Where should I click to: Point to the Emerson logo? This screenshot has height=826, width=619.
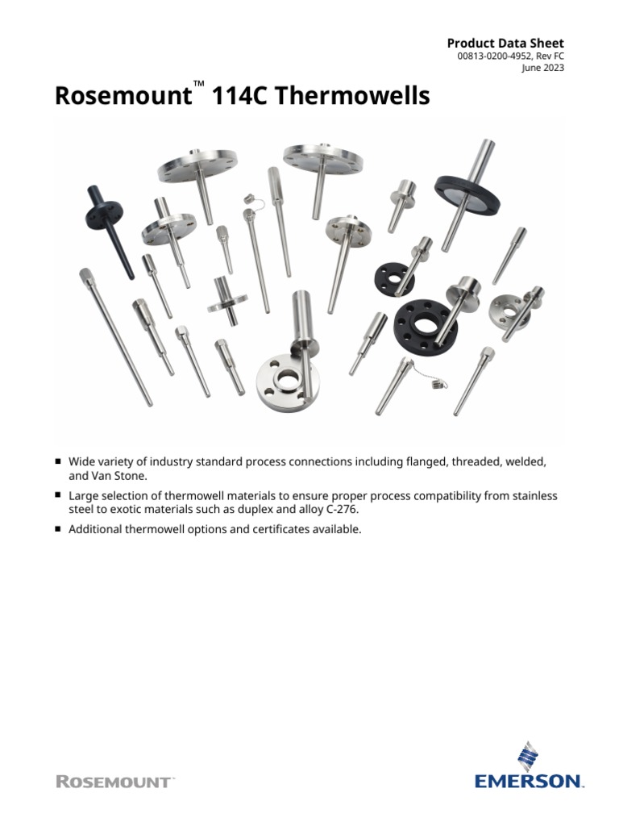point(529,766)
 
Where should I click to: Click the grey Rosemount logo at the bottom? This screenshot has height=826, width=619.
point(114,782)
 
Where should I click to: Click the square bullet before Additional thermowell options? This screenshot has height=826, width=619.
point(58,529)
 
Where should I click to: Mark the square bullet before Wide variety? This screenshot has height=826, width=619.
point(58,461)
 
